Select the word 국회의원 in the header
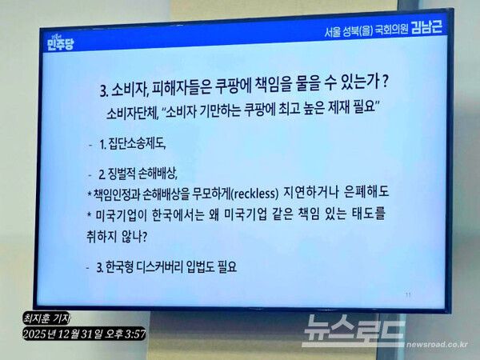(383, 31)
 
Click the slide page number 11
(408, 295)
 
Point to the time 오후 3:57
(127, 333)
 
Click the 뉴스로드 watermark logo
(352, 329)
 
